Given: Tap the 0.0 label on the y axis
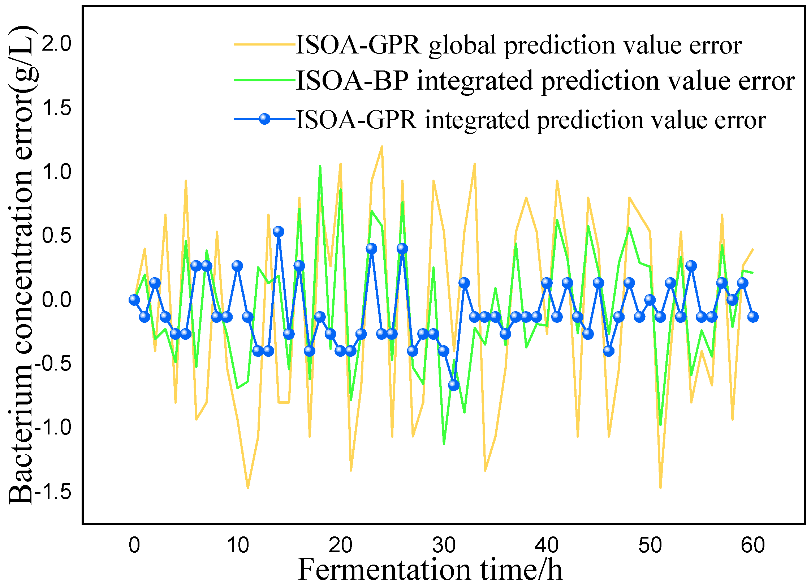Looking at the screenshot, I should pyautogui.click(x=57, y=300).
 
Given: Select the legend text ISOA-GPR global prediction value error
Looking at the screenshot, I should pyautogui.click(x=518, y=46).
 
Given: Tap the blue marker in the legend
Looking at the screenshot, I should pyautogui.click(x=265, y=119).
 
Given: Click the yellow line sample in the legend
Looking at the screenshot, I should pyautogui.click(x=265, y=44).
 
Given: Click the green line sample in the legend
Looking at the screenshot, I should pyautogui.click(x=265, y=80).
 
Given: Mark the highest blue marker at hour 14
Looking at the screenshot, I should pyautogui.click(x=279, y=231).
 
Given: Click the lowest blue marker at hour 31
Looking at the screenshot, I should pyautogui.click(x=454, y=385).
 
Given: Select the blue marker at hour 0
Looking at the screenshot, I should pyautogui.click(x=134, y=300).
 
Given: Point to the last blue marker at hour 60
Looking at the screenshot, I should pyautogui.click(x=753, y=317).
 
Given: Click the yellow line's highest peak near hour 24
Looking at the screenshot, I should pyautogui.click(x=382, y=146).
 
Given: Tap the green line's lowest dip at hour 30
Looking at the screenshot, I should pyautogui.click(x=444, y=444).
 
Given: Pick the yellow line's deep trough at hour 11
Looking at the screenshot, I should pyautogui.click(x=248, y=488).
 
